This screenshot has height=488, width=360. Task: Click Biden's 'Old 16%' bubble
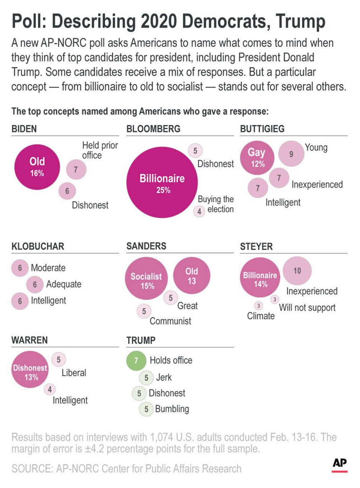[x=37, y=167]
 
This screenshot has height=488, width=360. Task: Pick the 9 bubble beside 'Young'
[x=291, y=154]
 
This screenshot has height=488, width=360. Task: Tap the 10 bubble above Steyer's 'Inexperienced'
[x=297, y=271]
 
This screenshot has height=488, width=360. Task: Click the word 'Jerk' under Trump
[x=164, y=377]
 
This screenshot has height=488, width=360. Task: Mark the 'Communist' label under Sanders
[x=170, y=321]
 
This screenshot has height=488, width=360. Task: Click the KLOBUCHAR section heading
[x=37, y=246]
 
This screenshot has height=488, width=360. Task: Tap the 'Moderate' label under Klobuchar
[x=48, y=268]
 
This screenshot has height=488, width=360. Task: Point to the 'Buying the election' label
[x=216, y=204]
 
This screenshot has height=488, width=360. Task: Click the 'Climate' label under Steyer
[x=261, y=316]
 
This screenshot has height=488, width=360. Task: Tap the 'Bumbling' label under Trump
[x=172, y=409]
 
